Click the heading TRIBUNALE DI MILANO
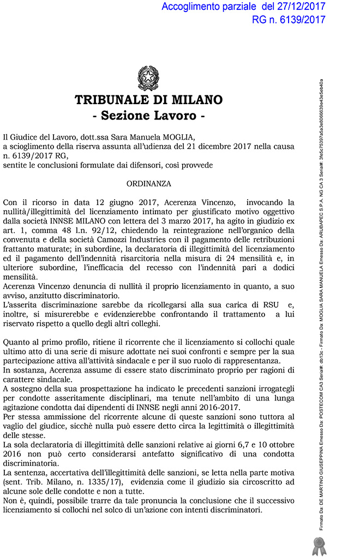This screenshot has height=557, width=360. [148, 100]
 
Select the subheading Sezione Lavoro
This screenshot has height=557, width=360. [148, 116]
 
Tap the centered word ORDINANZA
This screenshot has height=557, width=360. [149, 184]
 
